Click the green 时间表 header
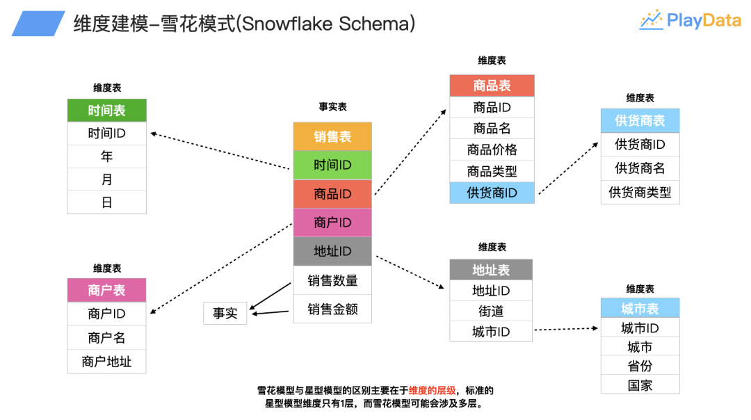[106, 111]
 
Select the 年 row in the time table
[106, 156]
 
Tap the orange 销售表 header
[332, 136]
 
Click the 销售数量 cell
[332, 280]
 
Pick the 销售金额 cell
[332, 309]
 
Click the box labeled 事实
[225, 314]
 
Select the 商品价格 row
[492, 150]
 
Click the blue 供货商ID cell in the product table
[492, 193]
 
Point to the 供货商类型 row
[640, 192]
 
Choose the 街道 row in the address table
[491, 311]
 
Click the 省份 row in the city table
[640, 366]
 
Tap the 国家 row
[640, 385]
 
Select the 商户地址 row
[106, 362]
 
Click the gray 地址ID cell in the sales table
[332, 251]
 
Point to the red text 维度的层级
[432, 390]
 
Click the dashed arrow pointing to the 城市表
[567, 328]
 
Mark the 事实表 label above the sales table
[332, 107]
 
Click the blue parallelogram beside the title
[38, 24]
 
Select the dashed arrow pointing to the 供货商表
[567, 168]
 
